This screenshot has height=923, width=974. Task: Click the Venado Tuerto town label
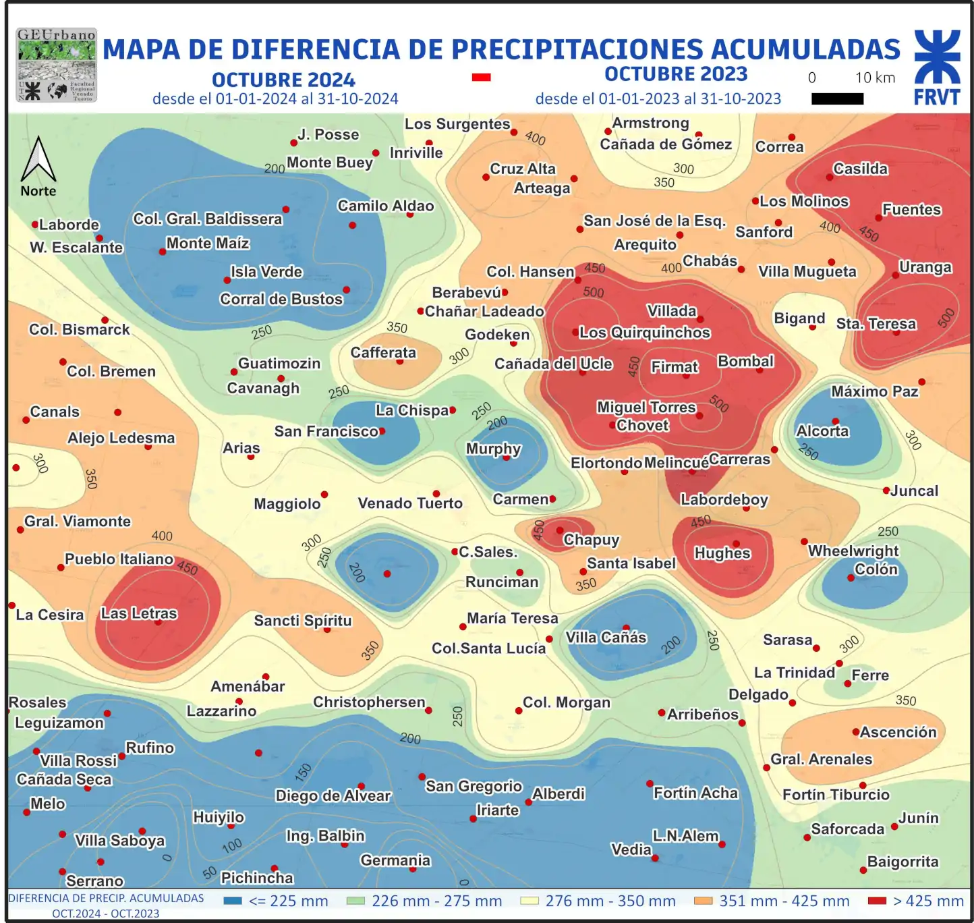tap(410, 503)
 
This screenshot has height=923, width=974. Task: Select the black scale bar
tap(837, 99)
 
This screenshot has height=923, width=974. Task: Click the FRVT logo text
tap(936, 97)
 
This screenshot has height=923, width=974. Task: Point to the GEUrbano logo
tap(57, 65)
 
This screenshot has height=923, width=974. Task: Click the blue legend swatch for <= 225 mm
tap(233, 901)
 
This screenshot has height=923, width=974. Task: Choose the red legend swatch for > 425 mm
tap(877, 901)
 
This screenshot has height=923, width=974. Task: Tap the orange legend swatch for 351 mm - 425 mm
tap(704, 901)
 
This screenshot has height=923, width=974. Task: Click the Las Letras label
tap(139, 613)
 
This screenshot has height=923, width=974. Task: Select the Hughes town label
tap(722, 553)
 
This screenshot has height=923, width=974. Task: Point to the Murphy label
tap(493, 449)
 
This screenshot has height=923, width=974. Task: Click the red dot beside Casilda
tap(829, 177)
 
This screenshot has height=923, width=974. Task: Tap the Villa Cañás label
tap(606, 638)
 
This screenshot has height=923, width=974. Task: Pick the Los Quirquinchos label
tap(644, 333)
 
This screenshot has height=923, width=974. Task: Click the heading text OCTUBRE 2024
tap(283, 80)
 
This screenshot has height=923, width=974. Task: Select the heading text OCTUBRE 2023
tap(675, 74)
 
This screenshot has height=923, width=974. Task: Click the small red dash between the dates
tap(481, 78)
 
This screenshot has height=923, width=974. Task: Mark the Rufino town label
tap(150, 748)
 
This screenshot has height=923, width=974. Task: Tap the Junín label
tap(918, 818)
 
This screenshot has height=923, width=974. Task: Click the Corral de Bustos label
tap(281, 299)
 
